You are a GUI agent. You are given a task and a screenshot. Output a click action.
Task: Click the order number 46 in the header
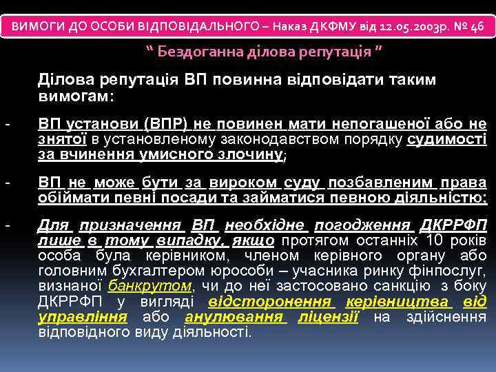pos(478,25)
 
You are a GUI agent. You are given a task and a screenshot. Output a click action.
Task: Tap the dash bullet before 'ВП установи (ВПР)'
pos(7,125)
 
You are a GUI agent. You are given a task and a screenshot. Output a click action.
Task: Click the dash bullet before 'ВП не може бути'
pos(7,183)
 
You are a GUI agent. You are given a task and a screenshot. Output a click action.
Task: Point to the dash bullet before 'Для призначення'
pos(7,225)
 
